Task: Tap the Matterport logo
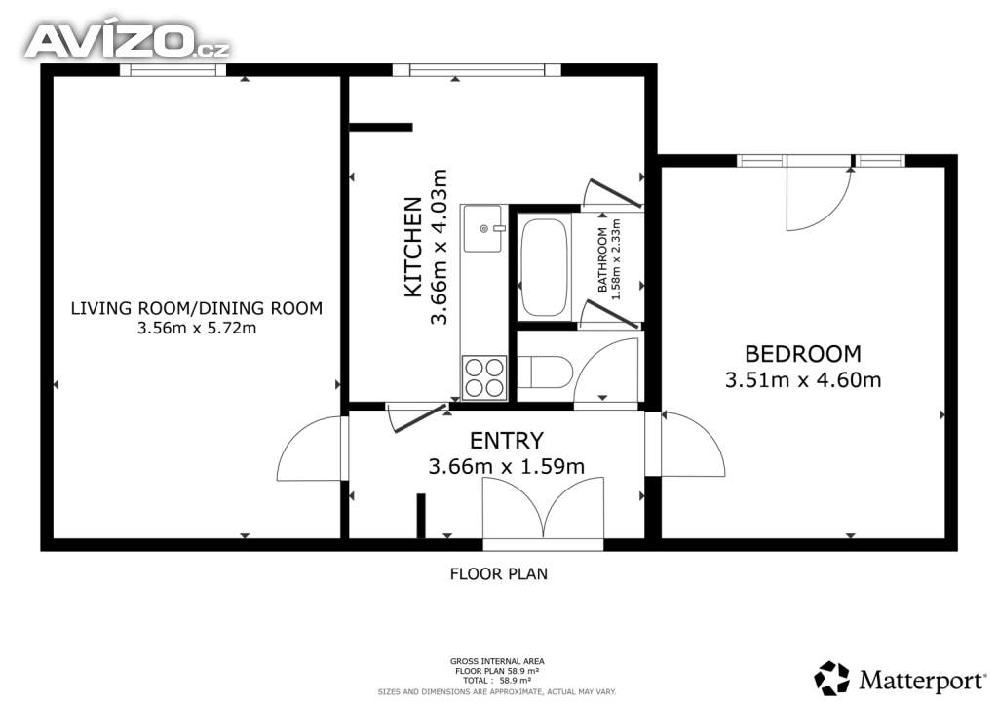tap(901, 679)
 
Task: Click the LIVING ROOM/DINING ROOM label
tap(197, 308)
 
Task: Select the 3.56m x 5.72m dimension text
tap(197, 328)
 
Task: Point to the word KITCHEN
tap(413, 247)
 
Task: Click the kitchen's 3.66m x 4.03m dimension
tap(439, 247)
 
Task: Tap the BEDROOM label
tap(803, 353)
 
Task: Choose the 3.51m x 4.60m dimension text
tap(803, 380)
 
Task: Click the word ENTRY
tap(507, 440)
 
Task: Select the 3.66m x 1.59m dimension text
tap(507, 467)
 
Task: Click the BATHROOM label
tap(602, 259)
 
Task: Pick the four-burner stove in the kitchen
tap(484, 377)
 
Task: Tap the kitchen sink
tap(483, 228)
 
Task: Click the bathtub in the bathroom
tap(544, 267)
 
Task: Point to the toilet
tap(545, 373)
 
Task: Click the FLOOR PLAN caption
tap(498, 574)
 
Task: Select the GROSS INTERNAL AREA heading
tap(497, 661)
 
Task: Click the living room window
tap(173, 70)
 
